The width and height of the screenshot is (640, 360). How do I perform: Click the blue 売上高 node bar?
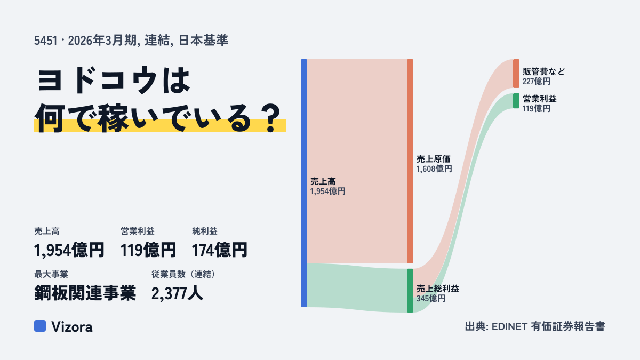coord(304,183)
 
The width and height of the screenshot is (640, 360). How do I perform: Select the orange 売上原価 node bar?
coord(410,161)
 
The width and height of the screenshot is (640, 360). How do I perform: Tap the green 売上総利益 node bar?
coord(410,291)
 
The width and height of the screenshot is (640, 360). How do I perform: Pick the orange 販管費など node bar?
coord(516,74)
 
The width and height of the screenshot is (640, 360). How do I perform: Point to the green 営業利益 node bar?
coord(516,101)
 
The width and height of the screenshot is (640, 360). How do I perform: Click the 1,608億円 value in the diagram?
coord(434,169)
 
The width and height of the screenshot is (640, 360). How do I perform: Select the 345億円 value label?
coord(431,298)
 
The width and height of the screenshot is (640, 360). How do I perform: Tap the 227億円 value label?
coord(537,81)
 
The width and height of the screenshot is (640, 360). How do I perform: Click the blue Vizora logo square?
coord(40,326)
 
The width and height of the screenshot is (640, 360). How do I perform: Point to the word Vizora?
coord(72,326)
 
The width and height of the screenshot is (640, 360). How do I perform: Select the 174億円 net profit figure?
coord(219,250)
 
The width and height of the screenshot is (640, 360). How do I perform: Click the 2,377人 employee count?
coord(177,293)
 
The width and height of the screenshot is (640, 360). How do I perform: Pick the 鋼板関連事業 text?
coord(85,293)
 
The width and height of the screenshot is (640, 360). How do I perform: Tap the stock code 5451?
coord(46,41)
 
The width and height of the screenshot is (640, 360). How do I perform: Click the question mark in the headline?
coord(271,118)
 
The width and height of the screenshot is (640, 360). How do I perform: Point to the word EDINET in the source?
coord(509,326)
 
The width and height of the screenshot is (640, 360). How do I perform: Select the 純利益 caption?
coord(205,231)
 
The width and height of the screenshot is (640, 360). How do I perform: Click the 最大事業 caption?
coord(51,274)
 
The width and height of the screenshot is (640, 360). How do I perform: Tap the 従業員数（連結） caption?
coord(185,274)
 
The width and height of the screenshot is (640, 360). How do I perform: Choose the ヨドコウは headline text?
coord(114,80)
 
